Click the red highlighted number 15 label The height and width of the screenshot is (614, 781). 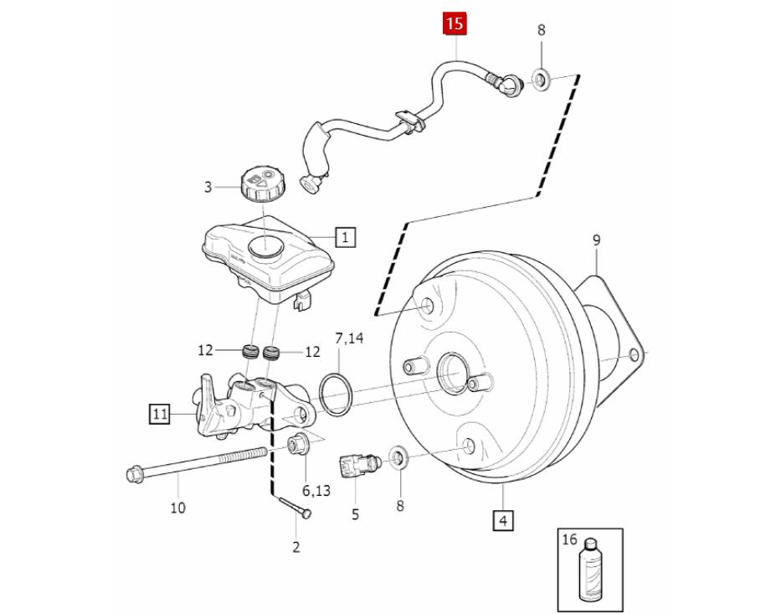[455, 23]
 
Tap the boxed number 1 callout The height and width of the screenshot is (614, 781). [345, 236]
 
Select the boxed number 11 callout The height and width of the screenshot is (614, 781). [160, 413]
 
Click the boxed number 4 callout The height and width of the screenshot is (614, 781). [502, 520]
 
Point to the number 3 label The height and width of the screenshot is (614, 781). [208, 187]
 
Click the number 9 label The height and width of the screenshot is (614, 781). [596, 240]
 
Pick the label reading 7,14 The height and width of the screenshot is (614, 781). [350, 338]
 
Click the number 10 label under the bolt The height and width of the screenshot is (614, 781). [177, 507]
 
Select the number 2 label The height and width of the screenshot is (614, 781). [295, 547]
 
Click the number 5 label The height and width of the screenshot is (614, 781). [355, 514]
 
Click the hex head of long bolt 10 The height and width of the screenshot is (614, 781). [134, 475]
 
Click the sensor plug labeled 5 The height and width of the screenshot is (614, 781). [356, 463]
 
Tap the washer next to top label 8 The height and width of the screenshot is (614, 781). [540, 80]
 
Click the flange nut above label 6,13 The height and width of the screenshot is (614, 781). [298, 444]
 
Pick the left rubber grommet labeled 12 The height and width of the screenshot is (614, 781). [249, 351]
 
